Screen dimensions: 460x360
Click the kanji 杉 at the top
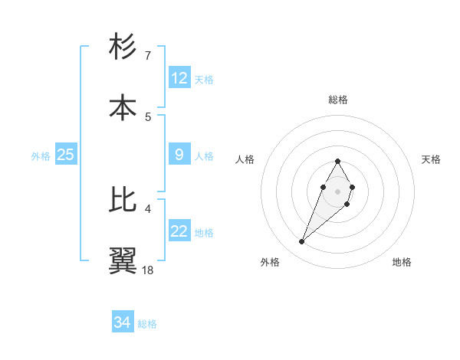point(123,47)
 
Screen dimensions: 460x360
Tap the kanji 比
point(123,200)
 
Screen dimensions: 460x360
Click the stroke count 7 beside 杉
point(147,56)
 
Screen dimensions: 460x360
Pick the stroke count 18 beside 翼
point(148,270)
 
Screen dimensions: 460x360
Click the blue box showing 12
point(179,78)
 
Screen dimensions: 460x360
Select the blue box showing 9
point(179,155)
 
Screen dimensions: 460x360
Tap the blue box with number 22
point(179,231)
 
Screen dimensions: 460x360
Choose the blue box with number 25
point(66,155)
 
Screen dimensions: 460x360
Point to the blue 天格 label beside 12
point(204,79)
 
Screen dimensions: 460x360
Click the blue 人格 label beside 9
point(204,155)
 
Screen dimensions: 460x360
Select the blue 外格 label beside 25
point(41,155)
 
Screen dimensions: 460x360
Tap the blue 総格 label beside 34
point(147,323)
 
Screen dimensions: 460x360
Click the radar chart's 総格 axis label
point(338,100)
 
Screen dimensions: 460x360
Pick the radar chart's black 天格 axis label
point(431,159)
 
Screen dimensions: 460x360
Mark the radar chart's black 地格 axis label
point(402,263)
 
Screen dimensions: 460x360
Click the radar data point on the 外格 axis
point(302,242)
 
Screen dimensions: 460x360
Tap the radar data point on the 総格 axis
point(337,161)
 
